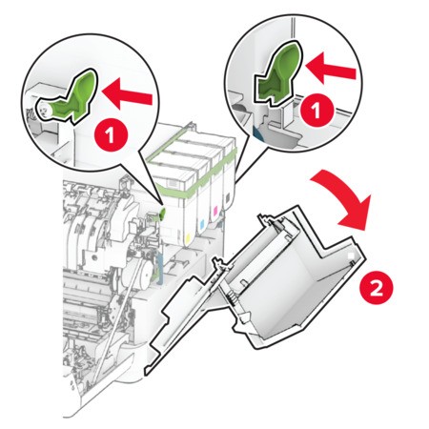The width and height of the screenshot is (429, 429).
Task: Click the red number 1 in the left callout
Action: [x=111, y=135]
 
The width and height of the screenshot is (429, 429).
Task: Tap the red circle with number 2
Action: [x=376, y=289]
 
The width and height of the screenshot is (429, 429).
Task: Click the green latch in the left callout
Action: [x=70, y=97]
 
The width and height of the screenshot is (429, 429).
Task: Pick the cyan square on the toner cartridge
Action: [x=201, y=225]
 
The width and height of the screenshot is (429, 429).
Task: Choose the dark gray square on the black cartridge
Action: [x=227, y=197]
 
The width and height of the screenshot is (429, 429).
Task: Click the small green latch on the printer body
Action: [x=162, y=214]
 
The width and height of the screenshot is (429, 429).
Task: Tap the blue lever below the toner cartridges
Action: [x=159, y=260]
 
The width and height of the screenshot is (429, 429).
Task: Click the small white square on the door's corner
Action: [x=351, y=255]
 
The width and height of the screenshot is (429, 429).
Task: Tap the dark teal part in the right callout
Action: [x=258, y=133]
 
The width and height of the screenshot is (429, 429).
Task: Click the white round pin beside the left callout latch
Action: [x=43, y=110]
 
